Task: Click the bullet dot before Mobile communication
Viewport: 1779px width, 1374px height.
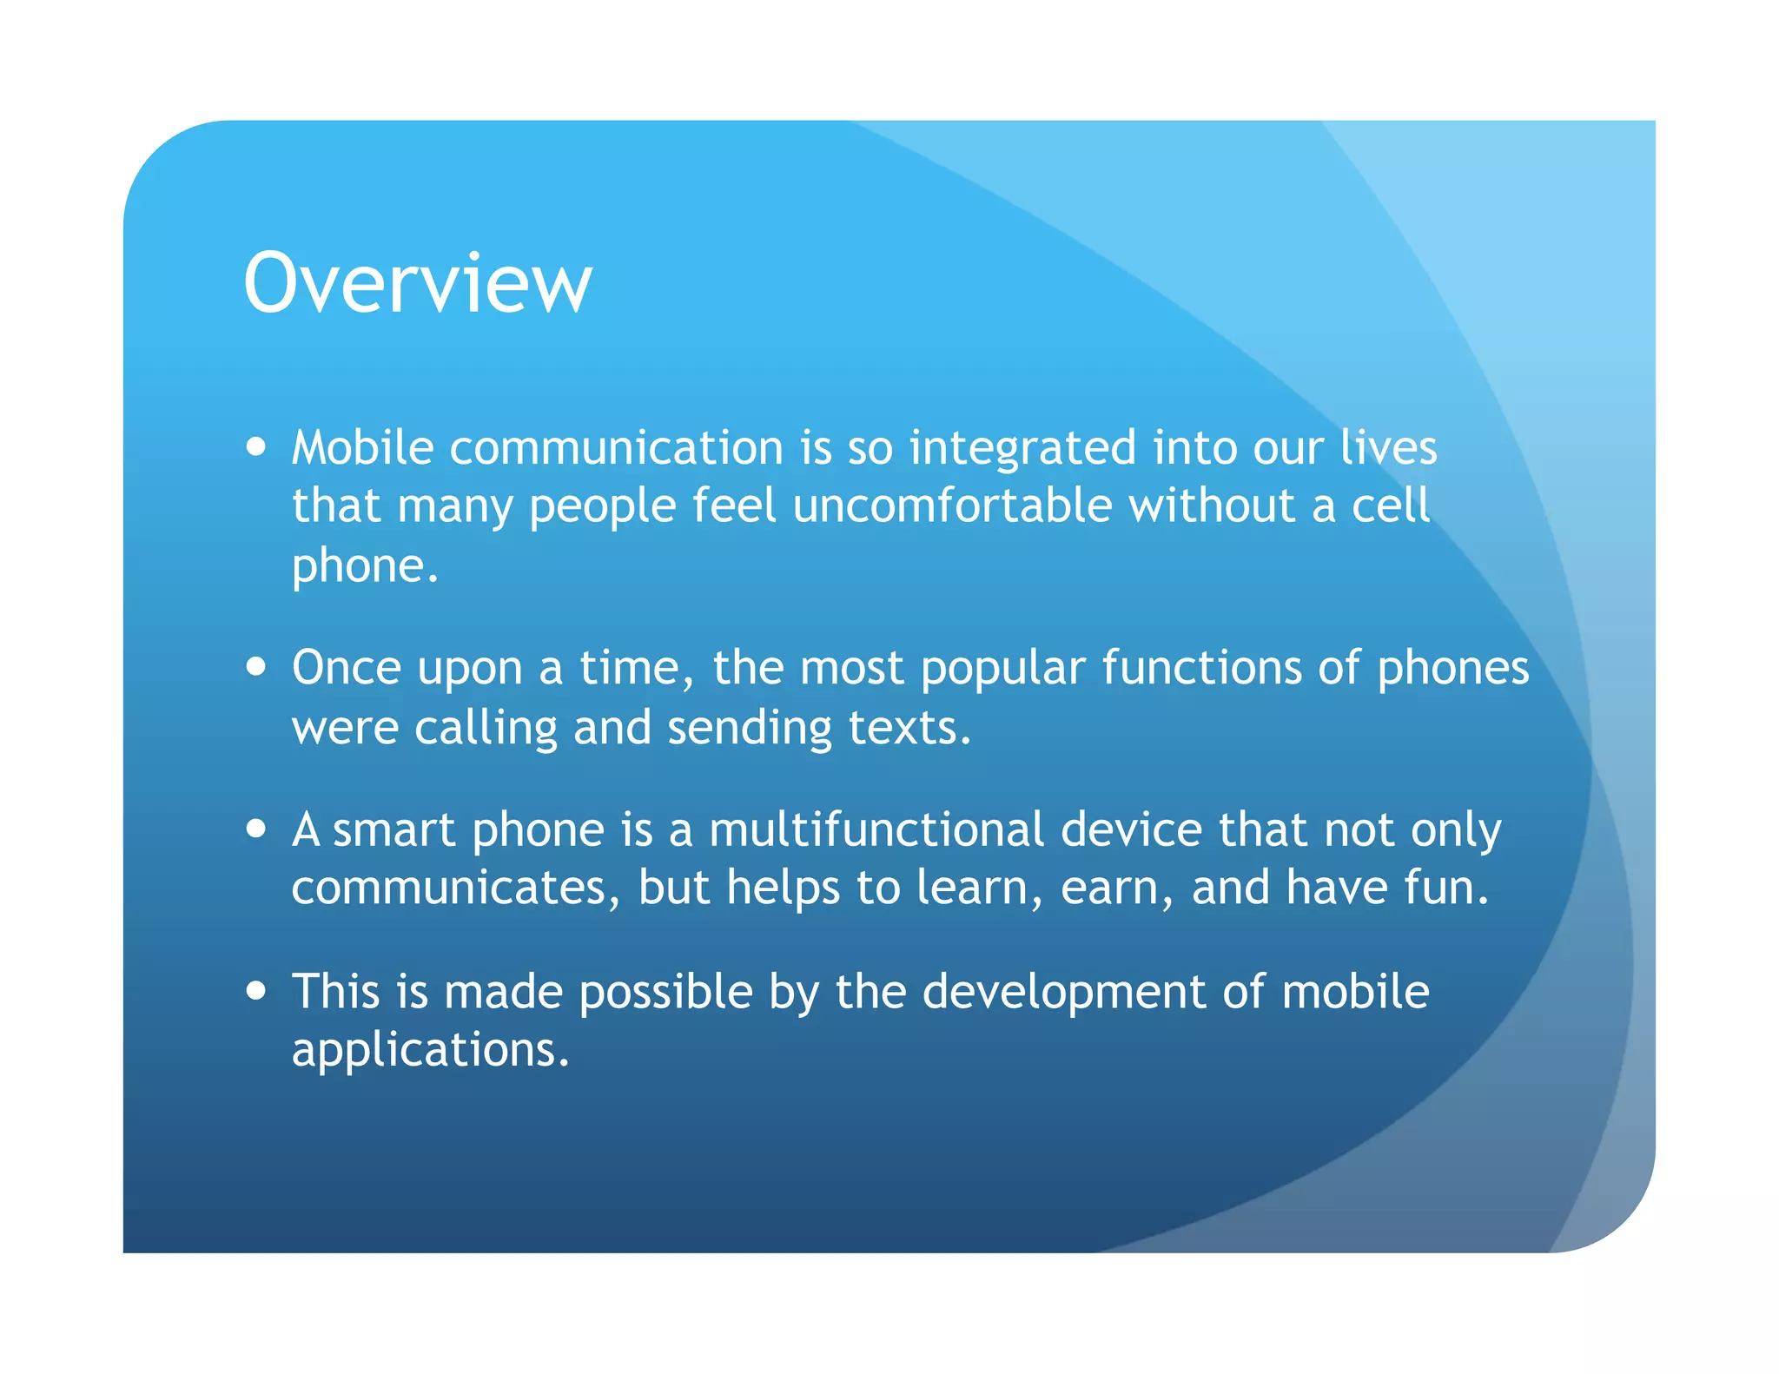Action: click(255, 447)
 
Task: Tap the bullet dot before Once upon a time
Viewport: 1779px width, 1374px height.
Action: click(255, 667)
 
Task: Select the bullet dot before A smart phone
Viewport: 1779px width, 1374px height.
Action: click(255, 829)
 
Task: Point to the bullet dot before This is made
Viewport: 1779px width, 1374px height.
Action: click(255, 990)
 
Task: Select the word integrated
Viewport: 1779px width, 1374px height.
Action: click(1022, 450)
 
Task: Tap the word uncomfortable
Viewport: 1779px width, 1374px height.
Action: click(952, 505)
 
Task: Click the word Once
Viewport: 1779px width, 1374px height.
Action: click(346, 668)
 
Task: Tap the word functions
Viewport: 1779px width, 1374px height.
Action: click(1201, 668)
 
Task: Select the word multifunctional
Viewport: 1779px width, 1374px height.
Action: click(876, 829)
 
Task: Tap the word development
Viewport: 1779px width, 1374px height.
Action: click(1063, 994)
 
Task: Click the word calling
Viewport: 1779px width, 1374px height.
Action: click(486, 728)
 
